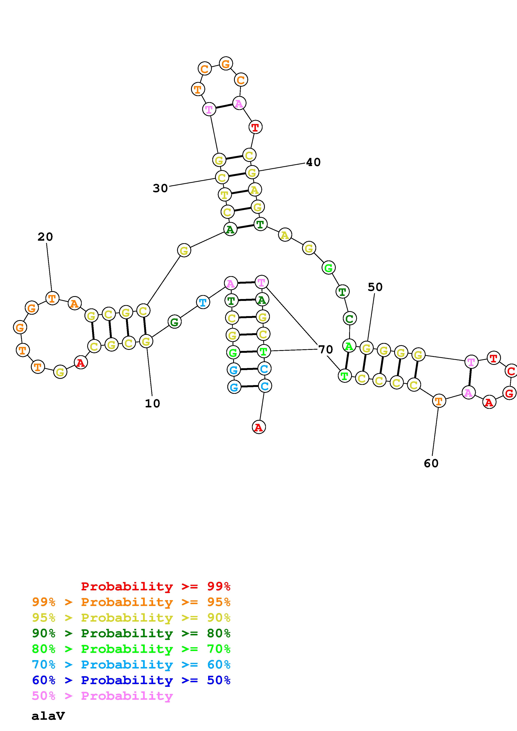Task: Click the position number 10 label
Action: pos(152,404)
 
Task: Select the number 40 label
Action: pos(313,162)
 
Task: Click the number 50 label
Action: pos(375,287)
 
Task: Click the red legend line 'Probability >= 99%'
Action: pos(156,586)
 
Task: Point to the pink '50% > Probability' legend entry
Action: pos(102,696)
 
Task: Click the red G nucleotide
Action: pos(509,393)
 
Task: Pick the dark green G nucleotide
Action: pos(174,322)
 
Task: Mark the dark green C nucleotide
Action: pos(350,318)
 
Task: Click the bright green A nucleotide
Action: pos(349,346)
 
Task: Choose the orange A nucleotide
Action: pos(74,303)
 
